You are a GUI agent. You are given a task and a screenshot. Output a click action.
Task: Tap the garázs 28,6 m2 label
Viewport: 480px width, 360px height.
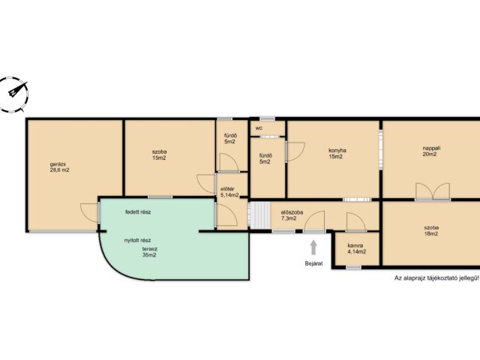click(x=59, y=166)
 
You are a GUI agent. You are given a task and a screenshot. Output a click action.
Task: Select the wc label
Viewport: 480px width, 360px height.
click(x=259, y=128)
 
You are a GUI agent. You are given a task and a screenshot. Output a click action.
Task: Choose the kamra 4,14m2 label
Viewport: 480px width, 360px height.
click(x=357, y=249)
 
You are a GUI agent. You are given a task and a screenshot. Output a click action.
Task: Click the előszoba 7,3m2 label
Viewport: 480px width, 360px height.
click(x=292, y=215)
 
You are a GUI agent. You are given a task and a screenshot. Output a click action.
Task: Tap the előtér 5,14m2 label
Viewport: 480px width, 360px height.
click(x=229, y=192)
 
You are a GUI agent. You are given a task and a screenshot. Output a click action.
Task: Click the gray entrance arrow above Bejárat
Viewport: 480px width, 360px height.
click(x=313, y=247)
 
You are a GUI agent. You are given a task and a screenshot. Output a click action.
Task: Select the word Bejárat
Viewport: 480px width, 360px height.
click(x=313, y=263)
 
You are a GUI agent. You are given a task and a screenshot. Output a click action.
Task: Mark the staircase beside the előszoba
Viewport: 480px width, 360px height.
click(x=260, y=215)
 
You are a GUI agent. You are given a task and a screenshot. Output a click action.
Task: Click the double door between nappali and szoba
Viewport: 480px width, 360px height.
click(x=433, y=192)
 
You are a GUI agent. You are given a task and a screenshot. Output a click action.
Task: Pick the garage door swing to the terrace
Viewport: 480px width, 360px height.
click(x=89, y=212)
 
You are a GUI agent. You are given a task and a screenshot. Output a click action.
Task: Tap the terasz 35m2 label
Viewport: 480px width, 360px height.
click(x=149, y=252)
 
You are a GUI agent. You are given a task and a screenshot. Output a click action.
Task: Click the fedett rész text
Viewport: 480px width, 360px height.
click(x=138, y=211)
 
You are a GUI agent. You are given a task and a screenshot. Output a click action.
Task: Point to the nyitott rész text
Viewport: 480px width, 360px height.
click(x=137, y=240)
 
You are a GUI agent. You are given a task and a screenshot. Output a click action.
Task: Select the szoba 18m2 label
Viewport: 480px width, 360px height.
click(x=431, y=230)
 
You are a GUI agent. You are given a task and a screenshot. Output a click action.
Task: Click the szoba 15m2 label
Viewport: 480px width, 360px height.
click(x=159, y=154)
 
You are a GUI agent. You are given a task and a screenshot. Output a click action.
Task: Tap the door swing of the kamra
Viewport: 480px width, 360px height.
click(x=356, y=222)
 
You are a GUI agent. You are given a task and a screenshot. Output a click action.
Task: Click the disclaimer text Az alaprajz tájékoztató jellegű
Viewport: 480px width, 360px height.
click(x=436, y=278)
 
